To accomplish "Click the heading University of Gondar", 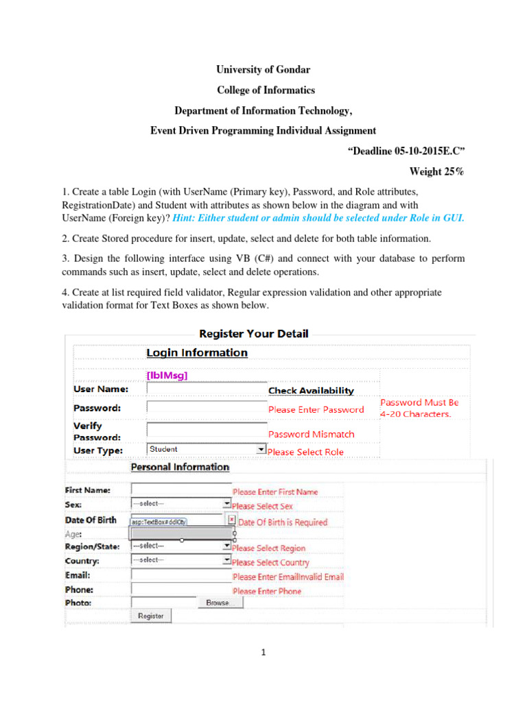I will pyautogui.click(x=263, y=69).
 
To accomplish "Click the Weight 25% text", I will pyautogui.click(x=436, y=171).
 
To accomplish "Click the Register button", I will pyautogui.click(x=151, y=616).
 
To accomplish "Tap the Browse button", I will pyautogui.click(x=220, y=603).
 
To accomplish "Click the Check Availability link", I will pyautogui.click(x=311, y=391).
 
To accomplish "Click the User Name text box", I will pyautogui.click(x=206, y=389).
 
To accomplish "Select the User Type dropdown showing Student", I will pyautogui.click(x=206, y=450).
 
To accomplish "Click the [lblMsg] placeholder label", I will pyautogui.click(x=167, y=375).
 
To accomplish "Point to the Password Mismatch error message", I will pyautogui.click(x=311, y=434).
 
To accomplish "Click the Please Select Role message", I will pyautogui.click(x=305, y=452).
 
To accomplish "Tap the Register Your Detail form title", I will pyautogui.click(x=253, y=334).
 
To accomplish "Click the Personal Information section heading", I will pyautogui.click(x=180, y=467).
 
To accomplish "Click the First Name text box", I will pyautogui.click(x=181, y=490).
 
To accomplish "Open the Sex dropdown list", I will pyautogui.click(x=181, y=505).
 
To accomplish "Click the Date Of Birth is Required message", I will pyautogui.click(x=283, y=522).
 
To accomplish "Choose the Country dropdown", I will pyautogui.click(x=181, y=560).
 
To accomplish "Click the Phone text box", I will pyautogui.click(x=181, y=590).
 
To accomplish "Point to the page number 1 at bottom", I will pyautogui.click(x=263, y=653).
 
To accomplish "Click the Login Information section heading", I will pyautogui.click(x=197, y=353).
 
